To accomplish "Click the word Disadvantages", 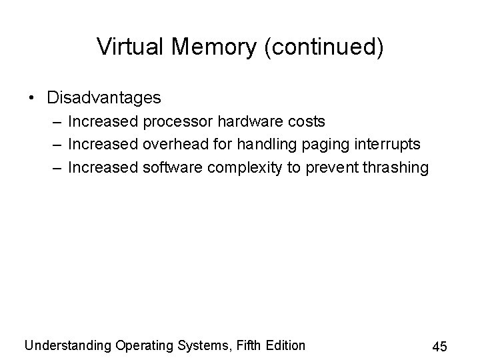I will [x=104, y=98].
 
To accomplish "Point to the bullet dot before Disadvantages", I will [x=32, y=99].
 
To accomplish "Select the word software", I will [x=172, y=167].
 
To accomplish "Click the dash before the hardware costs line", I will [x=60, y=122].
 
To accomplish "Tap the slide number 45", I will [x=439, y=347].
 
